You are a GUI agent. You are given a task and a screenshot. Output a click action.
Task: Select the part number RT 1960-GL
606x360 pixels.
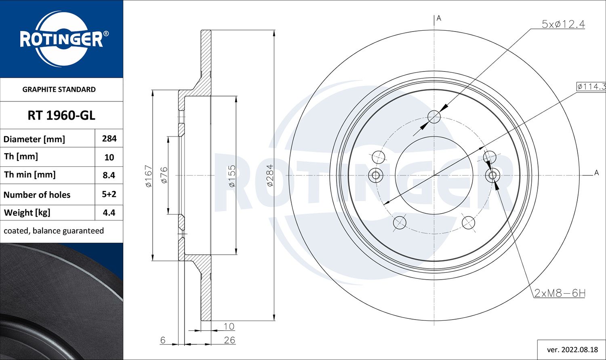click(61, 116)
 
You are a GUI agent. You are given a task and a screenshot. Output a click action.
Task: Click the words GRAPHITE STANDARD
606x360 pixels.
click(59, 89)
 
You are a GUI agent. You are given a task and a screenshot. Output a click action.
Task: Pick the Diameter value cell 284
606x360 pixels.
click(109, 139)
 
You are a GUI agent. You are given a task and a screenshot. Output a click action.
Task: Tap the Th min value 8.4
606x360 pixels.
click(109, 175)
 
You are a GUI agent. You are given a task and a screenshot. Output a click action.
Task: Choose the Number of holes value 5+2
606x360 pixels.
click(109, 194)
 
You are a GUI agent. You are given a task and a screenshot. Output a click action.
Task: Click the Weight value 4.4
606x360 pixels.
click(109, 213)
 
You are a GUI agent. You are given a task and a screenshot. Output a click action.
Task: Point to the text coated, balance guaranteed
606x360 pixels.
click(54, 231)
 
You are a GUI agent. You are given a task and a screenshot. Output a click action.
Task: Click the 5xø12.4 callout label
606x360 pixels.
click(563, 24)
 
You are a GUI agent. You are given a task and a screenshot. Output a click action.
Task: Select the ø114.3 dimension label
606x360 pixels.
click(591, 86)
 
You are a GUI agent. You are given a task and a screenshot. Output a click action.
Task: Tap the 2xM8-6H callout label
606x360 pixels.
click(560, 293)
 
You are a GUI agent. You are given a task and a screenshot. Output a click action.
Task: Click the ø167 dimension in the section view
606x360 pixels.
click(149, 176)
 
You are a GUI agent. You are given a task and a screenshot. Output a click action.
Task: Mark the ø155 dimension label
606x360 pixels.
click(231, 176)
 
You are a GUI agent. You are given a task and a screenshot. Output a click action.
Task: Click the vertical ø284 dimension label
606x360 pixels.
click(270, 175)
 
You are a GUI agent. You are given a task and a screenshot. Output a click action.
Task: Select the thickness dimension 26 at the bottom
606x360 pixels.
click(229, 340)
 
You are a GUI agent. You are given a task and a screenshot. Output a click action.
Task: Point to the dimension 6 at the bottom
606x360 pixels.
click(163, 340)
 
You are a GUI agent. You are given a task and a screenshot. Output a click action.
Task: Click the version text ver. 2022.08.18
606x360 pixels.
click(572, 349)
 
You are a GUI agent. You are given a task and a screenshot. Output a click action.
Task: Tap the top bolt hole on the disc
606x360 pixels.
click(434, 117)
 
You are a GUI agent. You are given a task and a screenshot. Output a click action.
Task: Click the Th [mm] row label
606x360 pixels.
click(21, 156)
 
